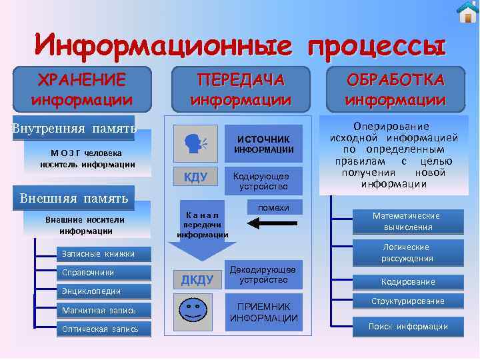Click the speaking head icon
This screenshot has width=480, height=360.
pos(195,142)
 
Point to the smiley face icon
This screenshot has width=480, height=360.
pos(194,311)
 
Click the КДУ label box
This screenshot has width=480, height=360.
pos(195,177)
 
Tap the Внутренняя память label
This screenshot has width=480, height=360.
pos(73,128)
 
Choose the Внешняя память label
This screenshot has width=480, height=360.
pos(73,198)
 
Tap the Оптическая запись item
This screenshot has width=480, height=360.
pos(100,329)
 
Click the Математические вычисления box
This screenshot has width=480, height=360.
pos(406,221)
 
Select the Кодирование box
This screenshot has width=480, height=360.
pos(408,281)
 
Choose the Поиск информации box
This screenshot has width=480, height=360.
pos(408,326)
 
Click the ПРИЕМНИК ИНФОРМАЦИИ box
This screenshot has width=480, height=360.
pos(264,312)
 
